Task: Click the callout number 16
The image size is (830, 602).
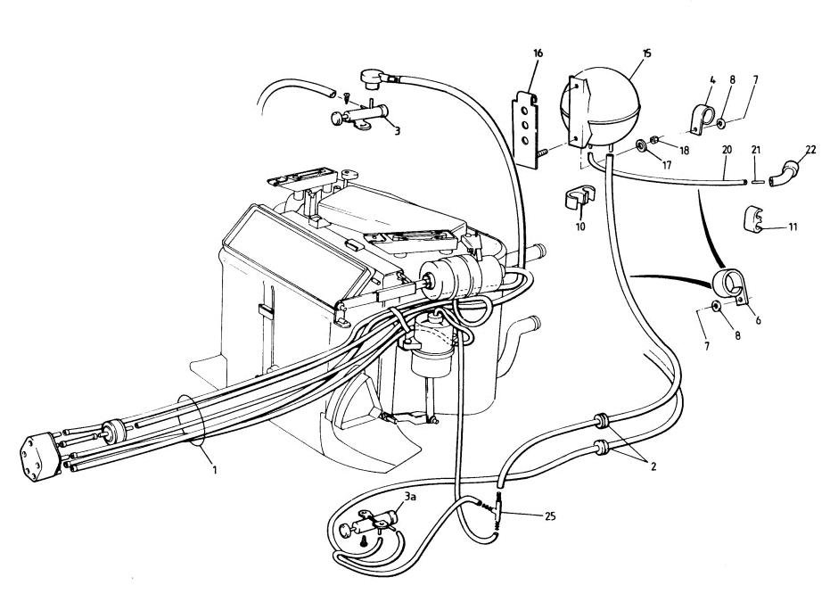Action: click(x=538, y=53)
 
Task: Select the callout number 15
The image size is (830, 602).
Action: click(x=646, y=53)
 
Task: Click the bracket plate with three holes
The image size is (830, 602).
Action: click(x=526, y=129)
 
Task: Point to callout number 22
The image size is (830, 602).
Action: click(x=811, y=150)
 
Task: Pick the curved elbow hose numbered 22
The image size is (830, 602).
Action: click(x=785, y=173)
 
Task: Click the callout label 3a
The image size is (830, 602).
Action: click(x=410, y=496)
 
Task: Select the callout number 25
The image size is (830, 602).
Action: click(x=550, y=515)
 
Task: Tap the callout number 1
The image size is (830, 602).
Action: click(x=214, y=469)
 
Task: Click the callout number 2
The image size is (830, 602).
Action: click(x=653, y=466)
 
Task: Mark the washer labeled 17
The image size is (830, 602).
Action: click(x=640, y=144)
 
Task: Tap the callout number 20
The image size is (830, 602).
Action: click(x=727, y=150)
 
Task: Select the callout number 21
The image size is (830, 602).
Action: click(x=756, y=150)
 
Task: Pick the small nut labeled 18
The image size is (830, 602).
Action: click(x=654, y=140)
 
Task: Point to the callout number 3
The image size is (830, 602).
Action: click(x=397, y=131)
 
